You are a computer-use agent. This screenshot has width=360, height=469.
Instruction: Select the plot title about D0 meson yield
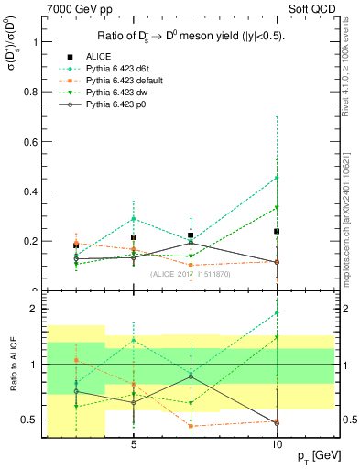tap(191, 37)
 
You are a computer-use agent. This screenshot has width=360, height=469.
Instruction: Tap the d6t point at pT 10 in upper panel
tap(276, 178)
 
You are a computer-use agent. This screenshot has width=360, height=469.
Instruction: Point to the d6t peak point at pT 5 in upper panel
tap(134, 219)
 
